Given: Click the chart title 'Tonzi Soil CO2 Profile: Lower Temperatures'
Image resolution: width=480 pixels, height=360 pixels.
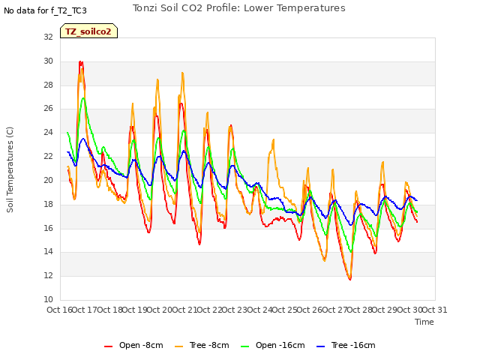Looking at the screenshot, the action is click(238, 8).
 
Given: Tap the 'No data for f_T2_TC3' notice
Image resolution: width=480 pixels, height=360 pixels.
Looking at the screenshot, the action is click(45, 10).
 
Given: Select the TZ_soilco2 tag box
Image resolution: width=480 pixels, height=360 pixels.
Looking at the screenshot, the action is click(88, 31).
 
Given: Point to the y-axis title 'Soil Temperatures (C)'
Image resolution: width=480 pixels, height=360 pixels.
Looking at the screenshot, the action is click(10, 169).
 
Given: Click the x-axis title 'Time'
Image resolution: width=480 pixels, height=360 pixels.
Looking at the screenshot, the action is click(424, 322).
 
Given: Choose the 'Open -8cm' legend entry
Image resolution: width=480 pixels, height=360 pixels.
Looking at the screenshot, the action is click(133, 345).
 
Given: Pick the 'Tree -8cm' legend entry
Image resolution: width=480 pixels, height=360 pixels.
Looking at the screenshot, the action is click(202, 345).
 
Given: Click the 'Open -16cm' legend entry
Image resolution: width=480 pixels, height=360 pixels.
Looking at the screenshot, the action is click(273, 345).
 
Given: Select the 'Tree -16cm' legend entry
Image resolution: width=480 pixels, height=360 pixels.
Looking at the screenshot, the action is click(346, 345).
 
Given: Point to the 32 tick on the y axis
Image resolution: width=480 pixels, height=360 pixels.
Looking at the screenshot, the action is click(48, 37).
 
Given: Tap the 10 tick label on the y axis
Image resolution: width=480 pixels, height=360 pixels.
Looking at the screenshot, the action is click(48, 299).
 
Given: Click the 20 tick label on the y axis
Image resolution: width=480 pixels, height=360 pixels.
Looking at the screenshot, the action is click(48, 180).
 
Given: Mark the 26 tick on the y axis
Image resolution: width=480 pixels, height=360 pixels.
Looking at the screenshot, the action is click(48, 108).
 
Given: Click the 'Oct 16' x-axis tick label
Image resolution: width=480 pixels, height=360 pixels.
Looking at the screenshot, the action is click(59, 310).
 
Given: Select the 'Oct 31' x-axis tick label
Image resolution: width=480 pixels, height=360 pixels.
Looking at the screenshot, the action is click(435, 310).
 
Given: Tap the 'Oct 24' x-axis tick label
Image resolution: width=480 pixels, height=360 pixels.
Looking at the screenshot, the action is click(259, 310).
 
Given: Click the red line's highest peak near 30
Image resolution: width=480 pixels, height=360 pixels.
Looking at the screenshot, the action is click(80, 61).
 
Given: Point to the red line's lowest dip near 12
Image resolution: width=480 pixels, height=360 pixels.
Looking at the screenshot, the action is click(350, 279).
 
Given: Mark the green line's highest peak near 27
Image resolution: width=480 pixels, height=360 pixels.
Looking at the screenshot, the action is click(83, 98).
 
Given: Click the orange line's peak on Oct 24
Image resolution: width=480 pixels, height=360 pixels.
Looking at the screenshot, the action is click(273, 139).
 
